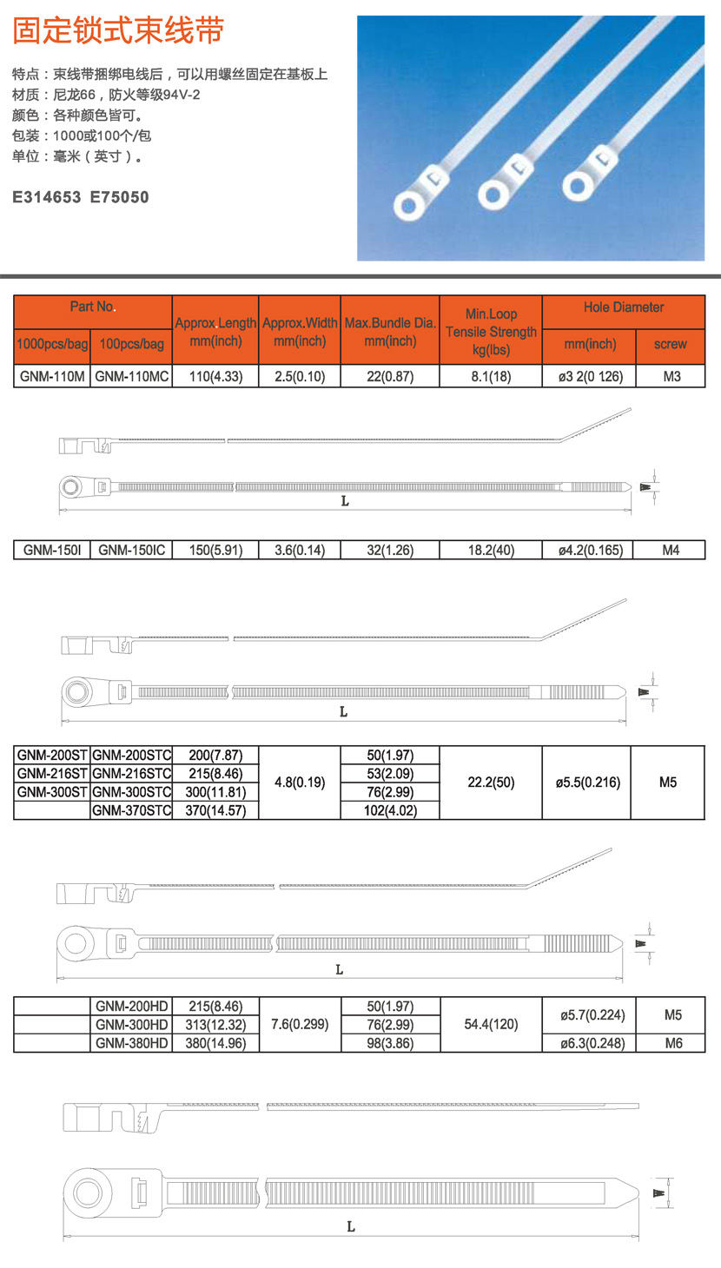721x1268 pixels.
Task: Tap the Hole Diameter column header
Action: (x=623, y=308)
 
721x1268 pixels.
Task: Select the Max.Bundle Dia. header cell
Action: (x=390, y=331)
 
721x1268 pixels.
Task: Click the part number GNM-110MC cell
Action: (x=131, y=377)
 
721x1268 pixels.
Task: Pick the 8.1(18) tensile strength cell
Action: (x=491, y=377)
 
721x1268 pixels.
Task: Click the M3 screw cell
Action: (x=670, y=377)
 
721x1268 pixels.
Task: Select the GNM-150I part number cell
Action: (x=52, y=550)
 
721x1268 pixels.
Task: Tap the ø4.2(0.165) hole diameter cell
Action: (x=590, y=550)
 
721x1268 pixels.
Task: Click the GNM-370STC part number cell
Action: (x=131, y=810)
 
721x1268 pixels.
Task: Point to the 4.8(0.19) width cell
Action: (x=300, y=783)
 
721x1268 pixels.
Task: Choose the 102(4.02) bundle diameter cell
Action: (x=390, y=810)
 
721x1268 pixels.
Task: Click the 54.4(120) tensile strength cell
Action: (x=491, y=1025)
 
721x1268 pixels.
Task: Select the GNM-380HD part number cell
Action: (x=131, y=1043)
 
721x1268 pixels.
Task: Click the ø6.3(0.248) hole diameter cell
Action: (x=590, y=1043)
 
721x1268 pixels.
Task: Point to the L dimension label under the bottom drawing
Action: (x=351, y=1227)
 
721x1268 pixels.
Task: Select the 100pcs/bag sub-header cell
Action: (x=131, y=345)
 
